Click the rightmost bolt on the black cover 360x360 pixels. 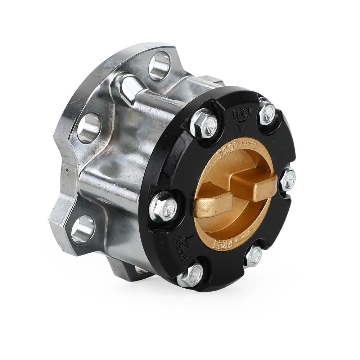(x=288, y=179)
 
